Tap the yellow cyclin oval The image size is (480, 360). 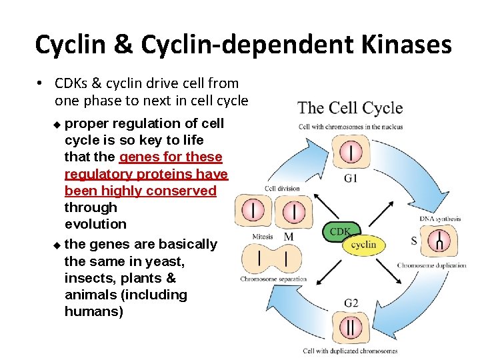tap(364, 245)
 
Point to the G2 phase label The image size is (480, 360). tap(351, 303)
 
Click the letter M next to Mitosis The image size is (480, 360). tap(289, 237)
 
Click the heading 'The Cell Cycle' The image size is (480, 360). tap(350, 108)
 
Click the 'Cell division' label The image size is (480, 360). tap(282, 189)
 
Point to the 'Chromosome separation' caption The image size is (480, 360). tap(273, 279)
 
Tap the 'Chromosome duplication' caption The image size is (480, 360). tap(432, 265)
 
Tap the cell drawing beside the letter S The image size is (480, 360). tap(440, 241)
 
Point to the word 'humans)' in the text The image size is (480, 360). tap(94, 311)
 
